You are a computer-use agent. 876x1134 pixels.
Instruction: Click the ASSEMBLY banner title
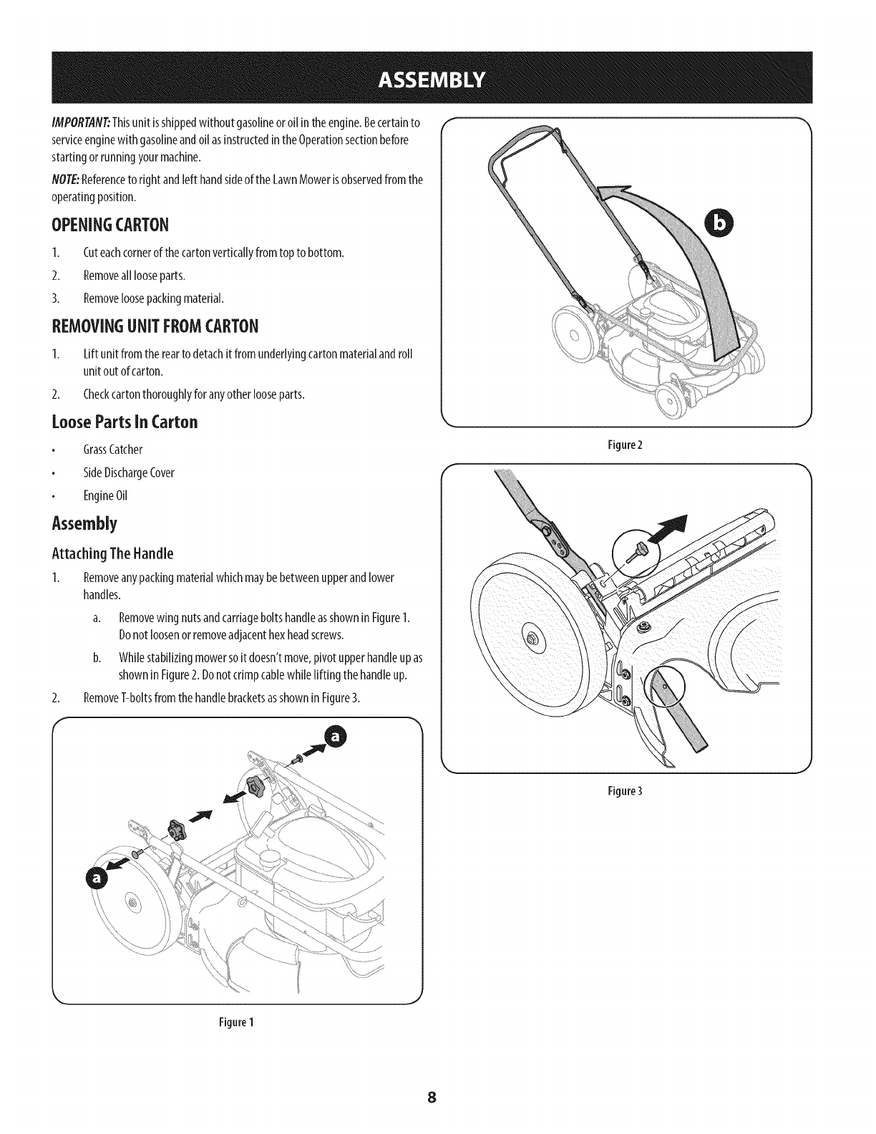tap(437, 77)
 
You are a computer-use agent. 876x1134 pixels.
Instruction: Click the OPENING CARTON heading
tap(110, 225)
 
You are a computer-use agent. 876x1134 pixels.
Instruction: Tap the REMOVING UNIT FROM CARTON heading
tap(155, 327)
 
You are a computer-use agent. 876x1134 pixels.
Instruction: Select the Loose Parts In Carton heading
tap(125, 421)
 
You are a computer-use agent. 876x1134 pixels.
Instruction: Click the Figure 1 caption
tap(237, 1022)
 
